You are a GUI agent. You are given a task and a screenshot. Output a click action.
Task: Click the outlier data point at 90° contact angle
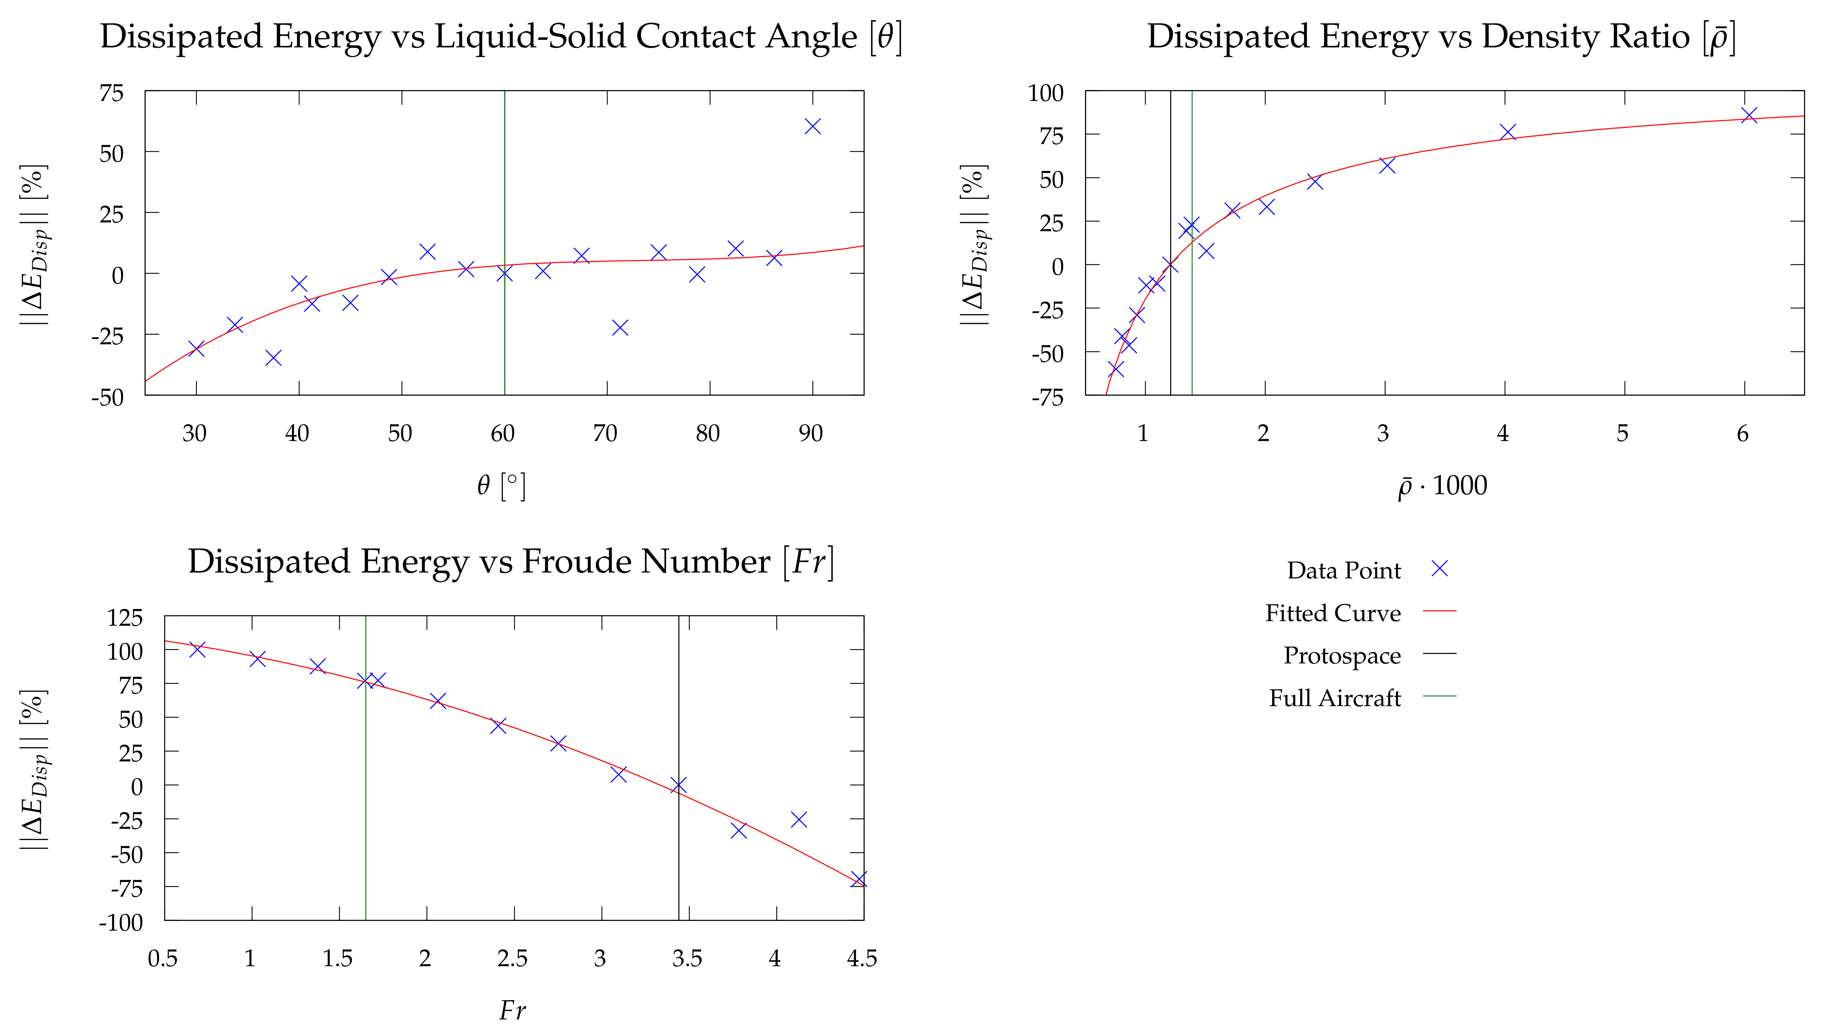[812, 126]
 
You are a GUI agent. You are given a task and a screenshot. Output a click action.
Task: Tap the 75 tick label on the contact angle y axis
[111, 93]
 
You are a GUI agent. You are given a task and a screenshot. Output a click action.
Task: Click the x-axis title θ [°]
[501, 486]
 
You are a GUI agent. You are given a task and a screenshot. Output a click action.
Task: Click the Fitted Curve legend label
[1332, 613]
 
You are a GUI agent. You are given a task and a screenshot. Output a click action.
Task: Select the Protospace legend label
[1342, 656]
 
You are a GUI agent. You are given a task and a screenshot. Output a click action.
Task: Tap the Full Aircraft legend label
[1335, 698]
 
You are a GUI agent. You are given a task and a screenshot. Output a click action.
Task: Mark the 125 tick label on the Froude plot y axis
[125, 618]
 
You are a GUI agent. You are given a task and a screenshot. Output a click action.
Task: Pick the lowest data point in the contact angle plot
[273, 358]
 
